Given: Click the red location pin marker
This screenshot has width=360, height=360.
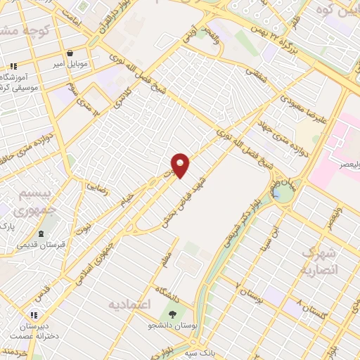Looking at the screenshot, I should pyautogui.click(x=181, y=165).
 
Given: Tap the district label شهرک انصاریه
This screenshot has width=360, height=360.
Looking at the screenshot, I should pyautogui.click(x=320, y=261).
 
